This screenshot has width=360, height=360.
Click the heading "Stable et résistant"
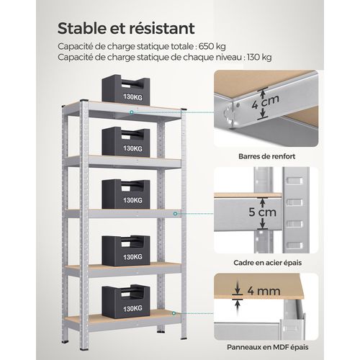125,29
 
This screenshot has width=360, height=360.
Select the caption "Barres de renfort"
269,154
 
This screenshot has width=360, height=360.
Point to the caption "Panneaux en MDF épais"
269,346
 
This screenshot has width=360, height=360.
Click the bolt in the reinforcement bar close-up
231,109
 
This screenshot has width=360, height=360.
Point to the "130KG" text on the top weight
132,96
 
